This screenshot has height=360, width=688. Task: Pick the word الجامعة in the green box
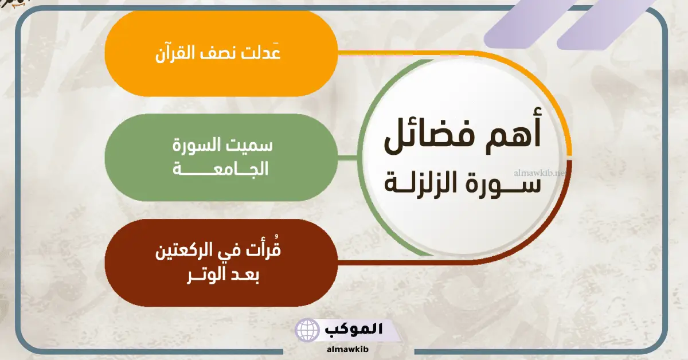221,169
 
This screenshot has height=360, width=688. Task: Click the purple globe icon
307,330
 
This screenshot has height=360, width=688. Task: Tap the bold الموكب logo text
354,328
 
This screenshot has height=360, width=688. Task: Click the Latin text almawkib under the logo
347,349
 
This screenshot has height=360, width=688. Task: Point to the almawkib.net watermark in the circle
540,173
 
